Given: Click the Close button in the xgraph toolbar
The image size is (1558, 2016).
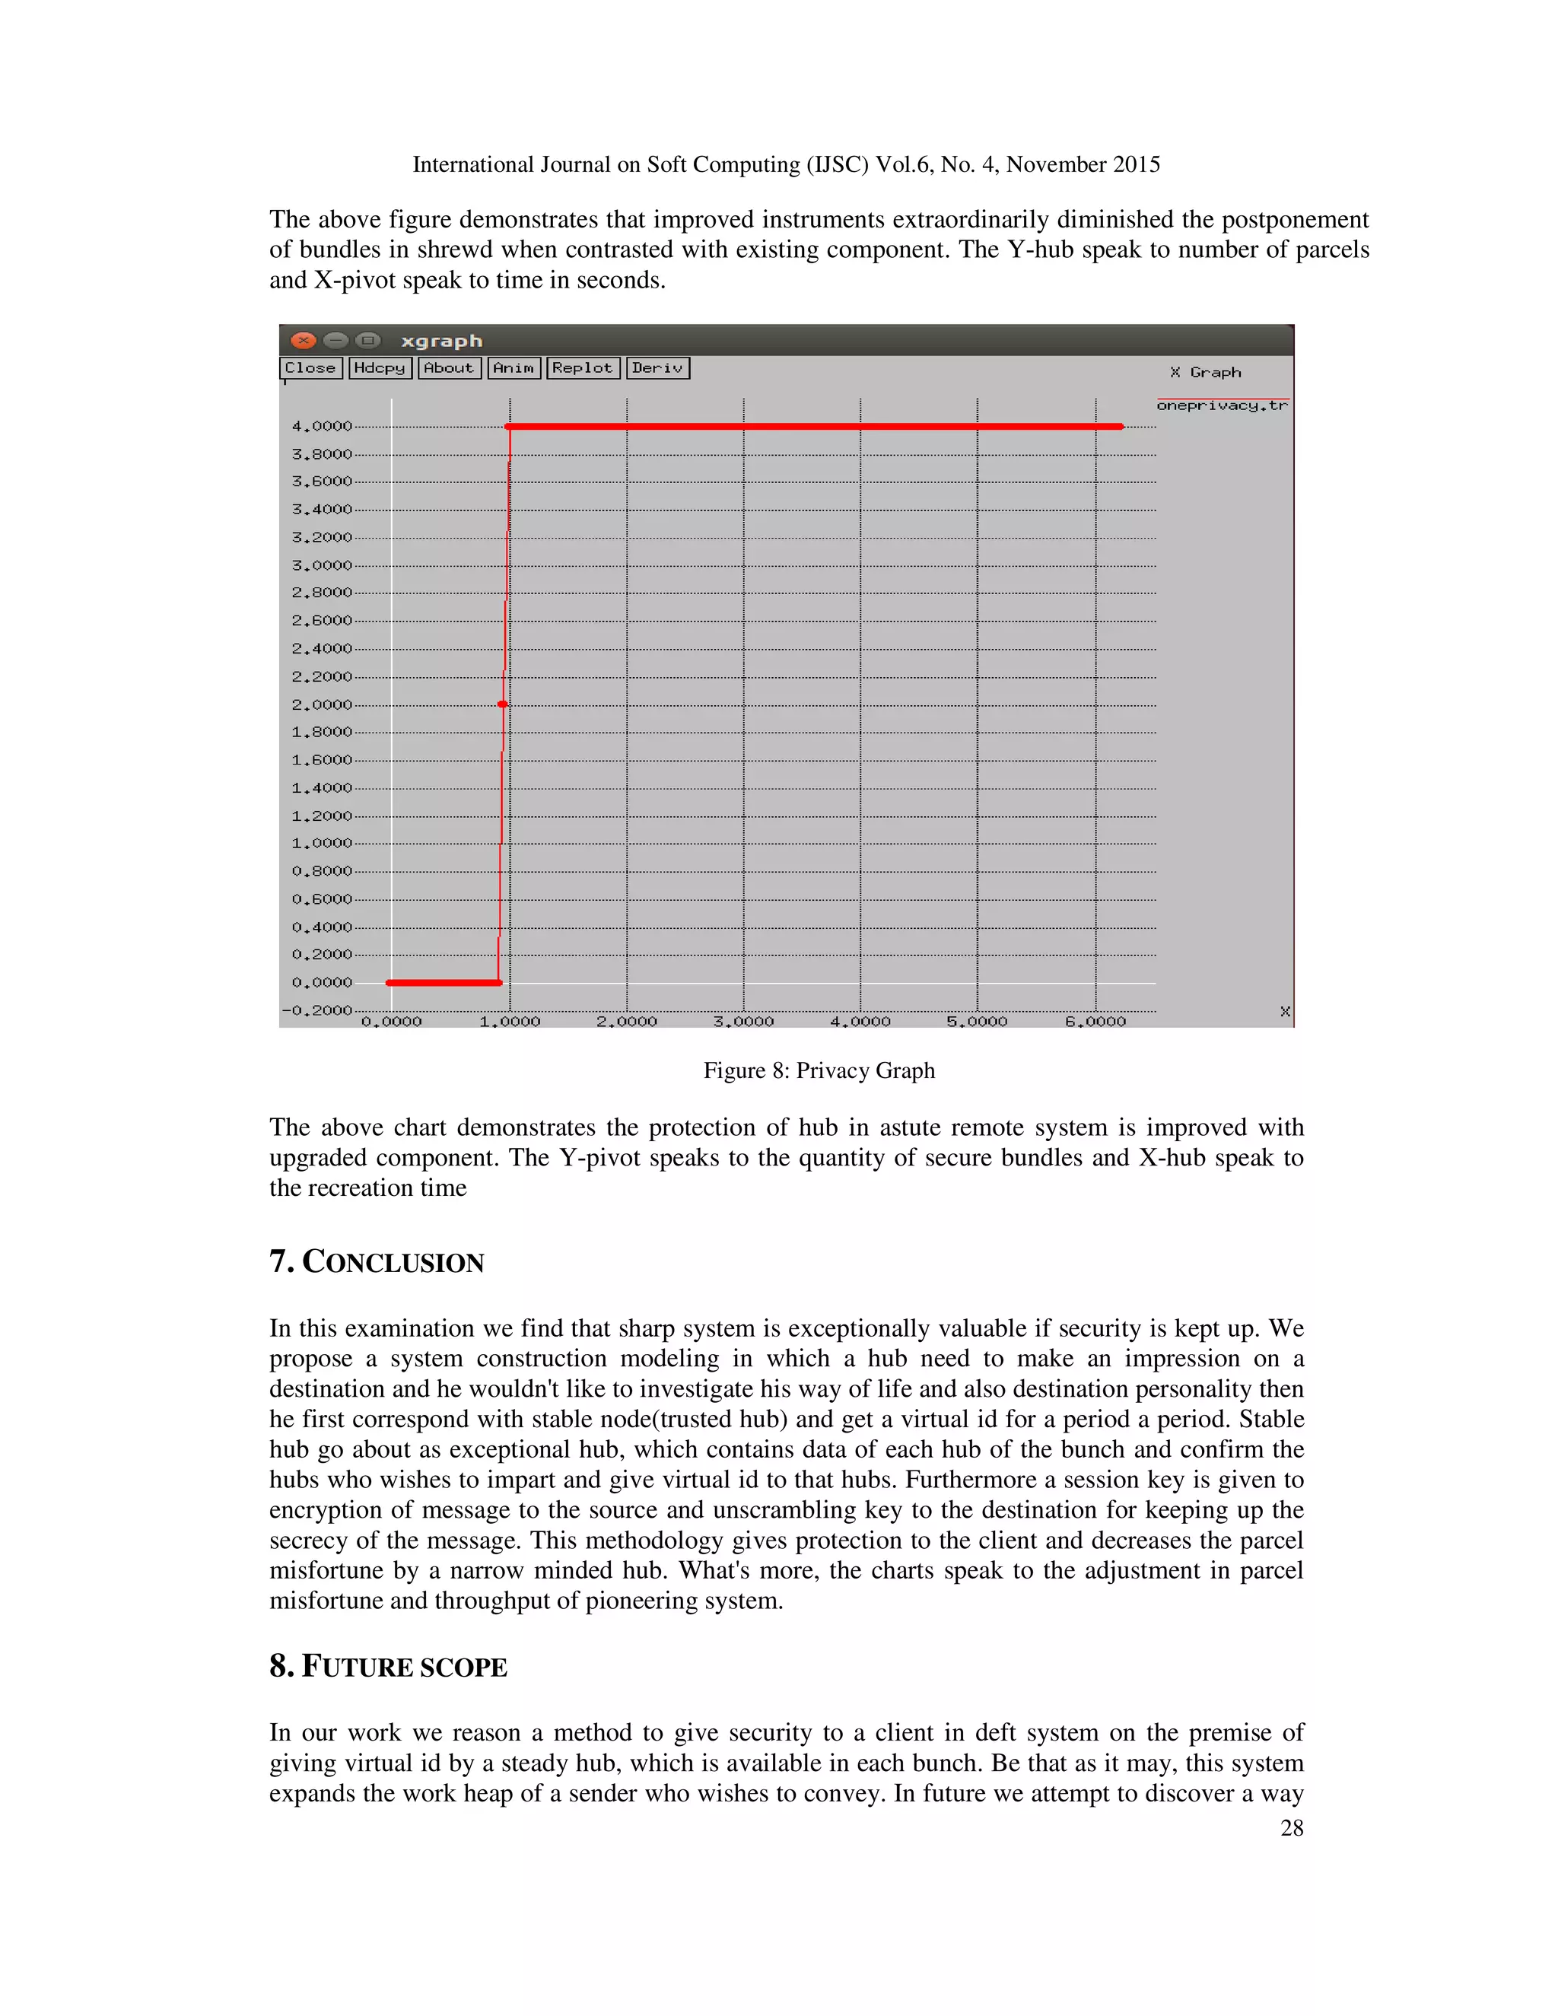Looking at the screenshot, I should (311, 368).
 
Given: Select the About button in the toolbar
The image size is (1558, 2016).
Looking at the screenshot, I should (449, 368).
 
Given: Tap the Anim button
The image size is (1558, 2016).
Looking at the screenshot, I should (514, 368).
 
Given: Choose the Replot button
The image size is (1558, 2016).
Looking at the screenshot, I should (583, 368).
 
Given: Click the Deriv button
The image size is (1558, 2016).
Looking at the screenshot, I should (657, 368).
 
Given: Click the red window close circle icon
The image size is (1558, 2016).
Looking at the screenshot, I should (304, 340).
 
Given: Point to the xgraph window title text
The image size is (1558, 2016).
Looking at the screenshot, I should (441, 341).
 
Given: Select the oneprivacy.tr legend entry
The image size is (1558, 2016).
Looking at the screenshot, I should (1221, 406).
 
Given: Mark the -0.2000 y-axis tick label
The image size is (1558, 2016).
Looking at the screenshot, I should (317, 1010).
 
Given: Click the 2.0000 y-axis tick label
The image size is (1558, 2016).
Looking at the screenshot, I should (321, 704).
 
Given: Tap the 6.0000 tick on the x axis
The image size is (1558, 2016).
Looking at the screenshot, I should (1095, 1022).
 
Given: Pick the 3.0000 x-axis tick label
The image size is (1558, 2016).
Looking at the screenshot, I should (743, 1022).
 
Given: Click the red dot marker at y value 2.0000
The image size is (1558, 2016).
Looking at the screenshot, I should (503, 704).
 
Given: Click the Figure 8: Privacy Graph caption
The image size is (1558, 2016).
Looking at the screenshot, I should (819, 1071).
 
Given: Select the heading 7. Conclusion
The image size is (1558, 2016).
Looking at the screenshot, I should (377, 1262).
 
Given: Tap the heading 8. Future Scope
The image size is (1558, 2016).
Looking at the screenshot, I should (388, 1666).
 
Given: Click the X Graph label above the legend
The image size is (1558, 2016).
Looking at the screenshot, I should (1206, 372).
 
